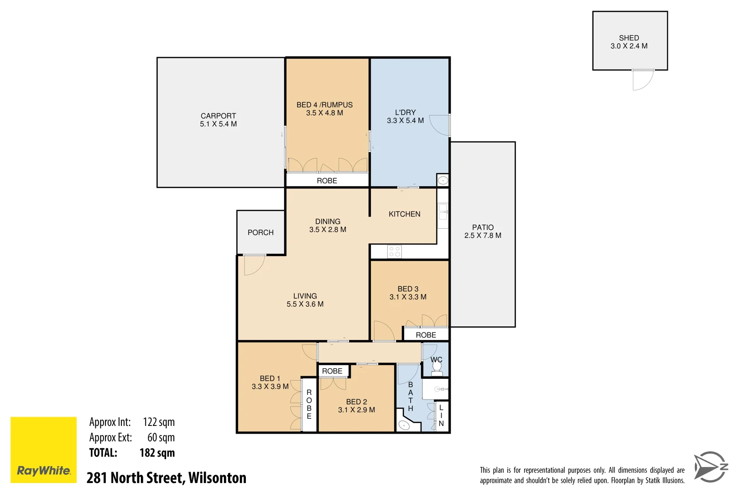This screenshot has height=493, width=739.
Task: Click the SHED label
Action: tap(629, 38)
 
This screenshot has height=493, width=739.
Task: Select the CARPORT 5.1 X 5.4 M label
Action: tap(218, 120)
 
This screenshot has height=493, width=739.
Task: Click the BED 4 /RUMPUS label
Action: tap(324, 105)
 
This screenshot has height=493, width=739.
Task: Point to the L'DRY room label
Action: tap(405, 112)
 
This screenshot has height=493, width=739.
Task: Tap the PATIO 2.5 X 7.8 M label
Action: tap(483, 231)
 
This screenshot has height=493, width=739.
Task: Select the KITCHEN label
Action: tap(404, 214)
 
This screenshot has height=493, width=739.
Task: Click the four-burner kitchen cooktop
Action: tap(395, 252)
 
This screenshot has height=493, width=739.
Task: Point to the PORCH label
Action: tap(260, 232)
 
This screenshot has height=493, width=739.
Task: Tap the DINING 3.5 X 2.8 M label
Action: tap(328, 226)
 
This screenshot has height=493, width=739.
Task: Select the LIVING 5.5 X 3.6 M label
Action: tap(305, 300)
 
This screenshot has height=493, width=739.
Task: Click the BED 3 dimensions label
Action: tap(408, 297)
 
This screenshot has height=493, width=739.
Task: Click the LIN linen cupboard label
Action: tap(441, 415)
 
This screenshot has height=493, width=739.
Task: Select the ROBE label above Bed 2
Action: tap(332, 371)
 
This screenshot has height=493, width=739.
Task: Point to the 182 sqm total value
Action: tap(157, 453)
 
